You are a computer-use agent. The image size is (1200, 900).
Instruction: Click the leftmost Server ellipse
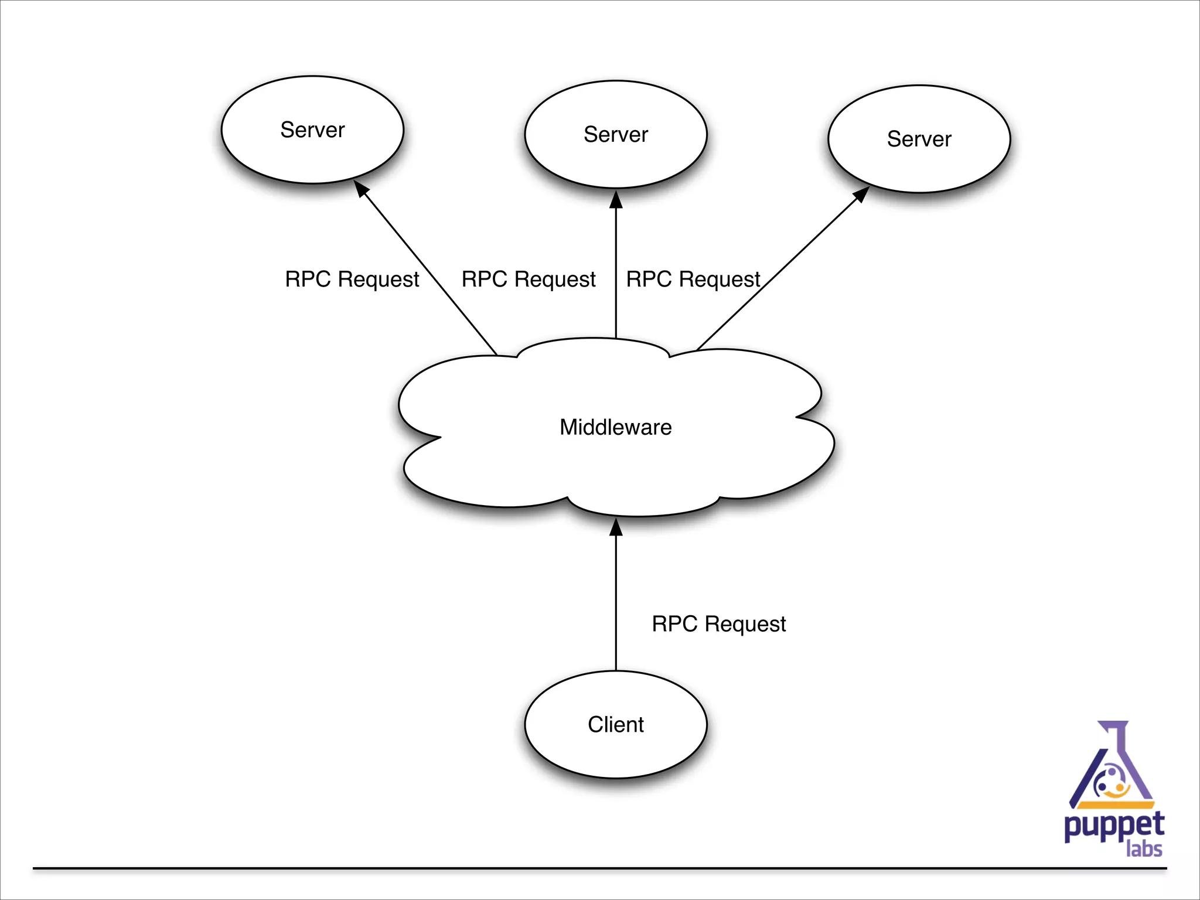312,129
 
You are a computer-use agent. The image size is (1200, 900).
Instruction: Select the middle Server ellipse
616,134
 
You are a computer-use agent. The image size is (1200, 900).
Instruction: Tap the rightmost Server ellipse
919,139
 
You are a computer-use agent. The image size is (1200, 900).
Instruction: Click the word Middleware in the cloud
615,427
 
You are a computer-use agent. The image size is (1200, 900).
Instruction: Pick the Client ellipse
616,724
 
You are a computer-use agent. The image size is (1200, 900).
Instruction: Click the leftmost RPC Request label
352,279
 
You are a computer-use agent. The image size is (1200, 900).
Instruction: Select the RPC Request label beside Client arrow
718,624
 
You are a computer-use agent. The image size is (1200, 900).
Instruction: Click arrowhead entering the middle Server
616,200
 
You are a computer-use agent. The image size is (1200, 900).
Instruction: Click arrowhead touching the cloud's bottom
616,527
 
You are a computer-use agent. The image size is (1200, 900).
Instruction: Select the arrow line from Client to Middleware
616,604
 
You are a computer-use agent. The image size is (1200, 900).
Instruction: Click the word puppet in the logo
1114,826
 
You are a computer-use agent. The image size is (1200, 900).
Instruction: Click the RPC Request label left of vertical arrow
528,279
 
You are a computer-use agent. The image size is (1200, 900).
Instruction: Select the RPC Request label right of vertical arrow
693,279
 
